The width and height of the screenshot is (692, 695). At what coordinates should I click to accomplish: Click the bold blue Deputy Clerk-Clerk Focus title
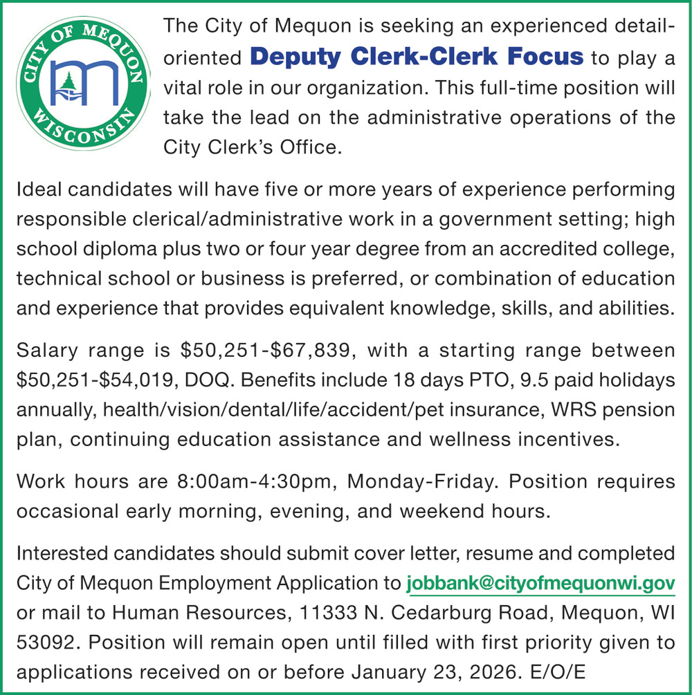pos(417,57)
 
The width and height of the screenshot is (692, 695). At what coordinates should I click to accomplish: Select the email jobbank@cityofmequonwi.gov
pos(540,584)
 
